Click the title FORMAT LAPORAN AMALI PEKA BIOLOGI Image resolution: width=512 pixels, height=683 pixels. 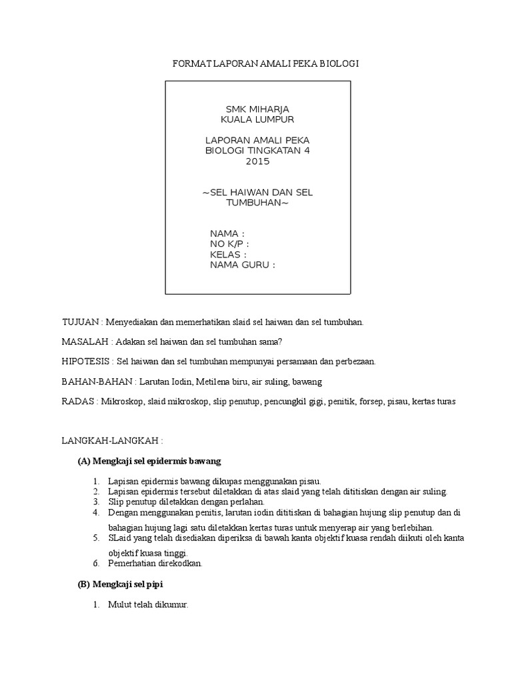pos(266,63)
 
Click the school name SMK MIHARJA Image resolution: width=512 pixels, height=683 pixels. pos(257,109)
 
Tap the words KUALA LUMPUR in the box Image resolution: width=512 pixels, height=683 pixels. pos(257,119)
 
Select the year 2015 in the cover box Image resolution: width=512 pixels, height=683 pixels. pos(257,161)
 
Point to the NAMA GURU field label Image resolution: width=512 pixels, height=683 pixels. pos(242,265)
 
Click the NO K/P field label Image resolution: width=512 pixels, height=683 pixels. pos(229,244)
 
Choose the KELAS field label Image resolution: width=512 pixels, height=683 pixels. pos(229,255)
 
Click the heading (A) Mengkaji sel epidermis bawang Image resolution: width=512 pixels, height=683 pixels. pos(149,461)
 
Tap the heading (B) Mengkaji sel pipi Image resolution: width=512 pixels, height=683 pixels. pos(121,584)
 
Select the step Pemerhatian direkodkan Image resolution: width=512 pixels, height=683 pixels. pos(155,564)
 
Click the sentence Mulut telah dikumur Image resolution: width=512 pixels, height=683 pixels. pos(148,605)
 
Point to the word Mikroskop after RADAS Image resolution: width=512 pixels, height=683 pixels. pos(122,402)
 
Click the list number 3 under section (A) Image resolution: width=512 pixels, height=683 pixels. pos(96,502)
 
